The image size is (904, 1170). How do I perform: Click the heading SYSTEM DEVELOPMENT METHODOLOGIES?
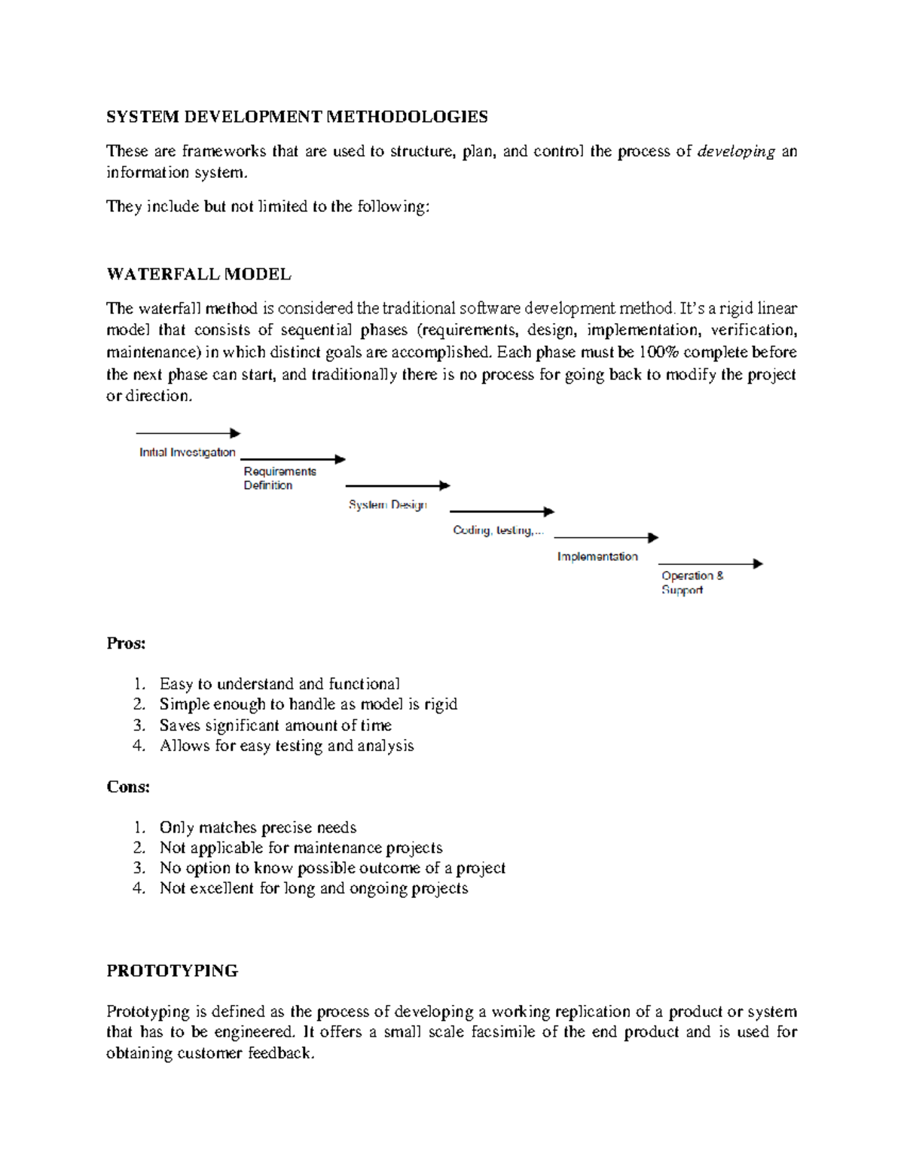[297, 117]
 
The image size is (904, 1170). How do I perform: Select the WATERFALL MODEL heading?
[199, 274]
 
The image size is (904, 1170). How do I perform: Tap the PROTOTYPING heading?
[173, 970]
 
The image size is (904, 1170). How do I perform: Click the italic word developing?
[736, 151]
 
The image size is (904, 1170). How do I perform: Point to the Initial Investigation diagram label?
[188, 453]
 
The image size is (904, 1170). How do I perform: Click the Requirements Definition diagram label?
[279, 478]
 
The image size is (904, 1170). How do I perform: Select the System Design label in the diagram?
[387, 505]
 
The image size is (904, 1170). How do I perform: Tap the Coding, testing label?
[497, 530]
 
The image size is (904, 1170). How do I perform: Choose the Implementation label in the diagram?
[597, 557]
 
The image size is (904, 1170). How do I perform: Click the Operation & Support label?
[692, 582]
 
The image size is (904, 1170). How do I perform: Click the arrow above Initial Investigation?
[188, 433]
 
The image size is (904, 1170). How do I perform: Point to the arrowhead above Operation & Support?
[758, 564]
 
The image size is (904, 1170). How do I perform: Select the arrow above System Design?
[397, 486]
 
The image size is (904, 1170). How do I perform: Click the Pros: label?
[126, 643]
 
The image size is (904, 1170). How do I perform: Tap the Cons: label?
[128, 787]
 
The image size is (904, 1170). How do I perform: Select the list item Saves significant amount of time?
[275, 726]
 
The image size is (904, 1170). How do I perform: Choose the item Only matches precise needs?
[258, 827]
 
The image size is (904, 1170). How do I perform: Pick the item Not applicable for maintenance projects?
[301, 848]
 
